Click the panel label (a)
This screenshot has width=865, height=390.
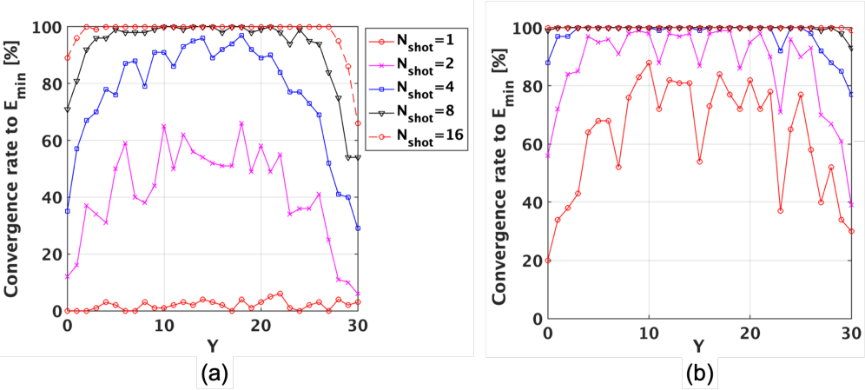tap(214, 373)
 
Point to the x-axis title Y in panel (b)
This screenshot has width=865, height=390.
tap(699, 347)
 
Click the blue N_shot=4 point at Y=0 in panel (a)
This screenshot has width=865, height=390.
tap(67, 211)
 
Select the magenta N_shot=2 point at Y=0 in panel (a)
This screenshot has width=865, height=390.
tap(67, 276)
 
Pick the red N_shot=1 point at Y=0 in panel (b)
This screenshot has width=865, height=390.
tap(547, 261)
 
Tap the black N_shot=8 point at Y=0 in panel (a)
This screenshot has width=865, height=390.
tap(67, 109)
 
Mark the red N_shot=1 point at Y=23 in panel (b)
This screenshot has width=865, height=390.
tap(780, 211)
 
